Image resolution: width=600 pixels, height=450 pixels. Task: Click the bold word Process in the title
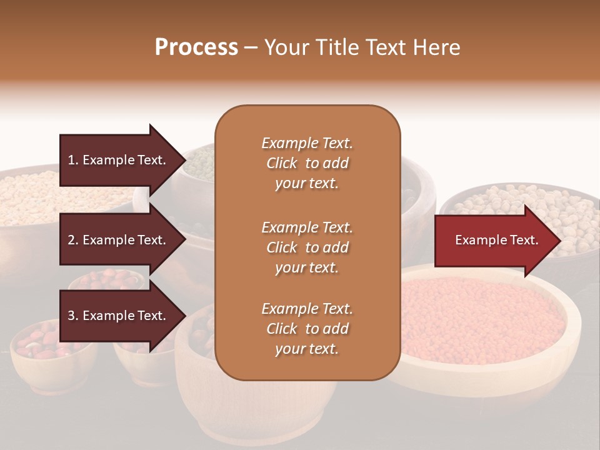tap(196, 47)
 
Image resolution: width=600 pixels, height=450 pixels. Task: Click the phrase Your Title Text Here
tap(362, 47)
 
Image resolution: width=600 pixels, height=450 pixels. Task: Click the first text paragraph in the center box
tap(307, 163)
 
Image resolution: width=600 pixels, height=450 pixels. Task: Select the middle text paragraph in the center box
tap(307, 247)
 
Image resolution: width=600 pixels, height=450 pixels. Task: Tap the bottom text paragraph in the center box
tap(307, 329)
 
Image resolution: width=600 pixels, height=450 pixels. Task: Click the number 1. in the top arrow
tap(73, 160)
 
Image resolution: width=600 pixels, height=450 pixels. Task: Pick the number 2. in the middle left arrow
tap(73, 240)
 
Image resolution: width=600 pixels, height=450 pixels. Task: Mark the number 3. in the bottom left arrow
tap(73, 316)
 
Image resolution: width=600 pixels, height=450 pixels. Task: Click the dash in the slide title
tap(251, 48)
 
